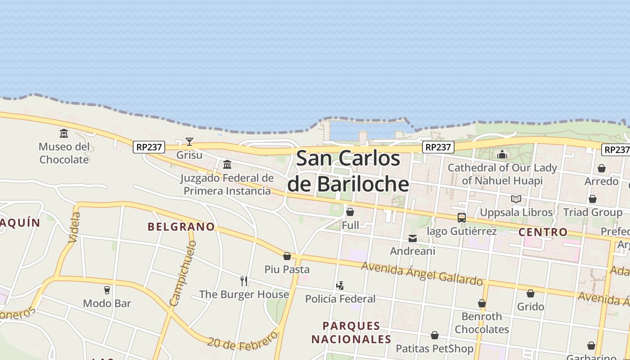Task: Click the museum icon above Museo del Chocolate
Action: (x=64, y=134)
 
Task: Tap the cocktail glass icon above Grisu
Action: (x=189, y=142)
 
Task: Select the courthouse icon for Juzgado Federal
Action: (x=227, y=164)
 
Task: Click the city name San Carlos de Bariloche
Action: (x=348, y=171)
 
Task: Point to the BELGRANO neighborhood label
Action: (x=181, y=226)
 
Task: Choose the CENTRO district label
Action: (x=543, y=232)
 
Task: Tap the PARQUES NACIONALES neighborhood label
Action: (x=351, y=332)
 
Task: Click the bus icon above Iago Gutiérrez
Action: (x=462, y=218)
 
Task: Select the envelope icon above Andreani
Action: (x=413, y=238)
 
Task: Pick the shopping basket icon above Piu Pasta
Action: (x=287, y=256)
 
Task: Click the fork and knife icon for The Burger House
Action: (x=244, y=281)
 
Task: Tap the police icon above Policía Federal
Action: (x=340, y=285)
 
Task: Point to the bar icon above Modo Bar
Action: (x=107, y=290)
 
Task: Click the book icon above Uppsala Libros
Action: (x=516, y=199)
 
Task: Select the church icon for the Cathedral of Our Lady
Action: (x=502, y=155)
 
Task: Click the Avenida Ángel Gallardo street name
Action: (x=422, y=273)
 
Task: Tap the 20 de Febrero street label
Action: (x=243, y=342)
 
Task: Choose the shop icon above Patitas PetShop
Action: (x=435, y=335)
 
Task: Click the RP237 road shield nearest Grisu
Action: (x=149, y=147)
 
